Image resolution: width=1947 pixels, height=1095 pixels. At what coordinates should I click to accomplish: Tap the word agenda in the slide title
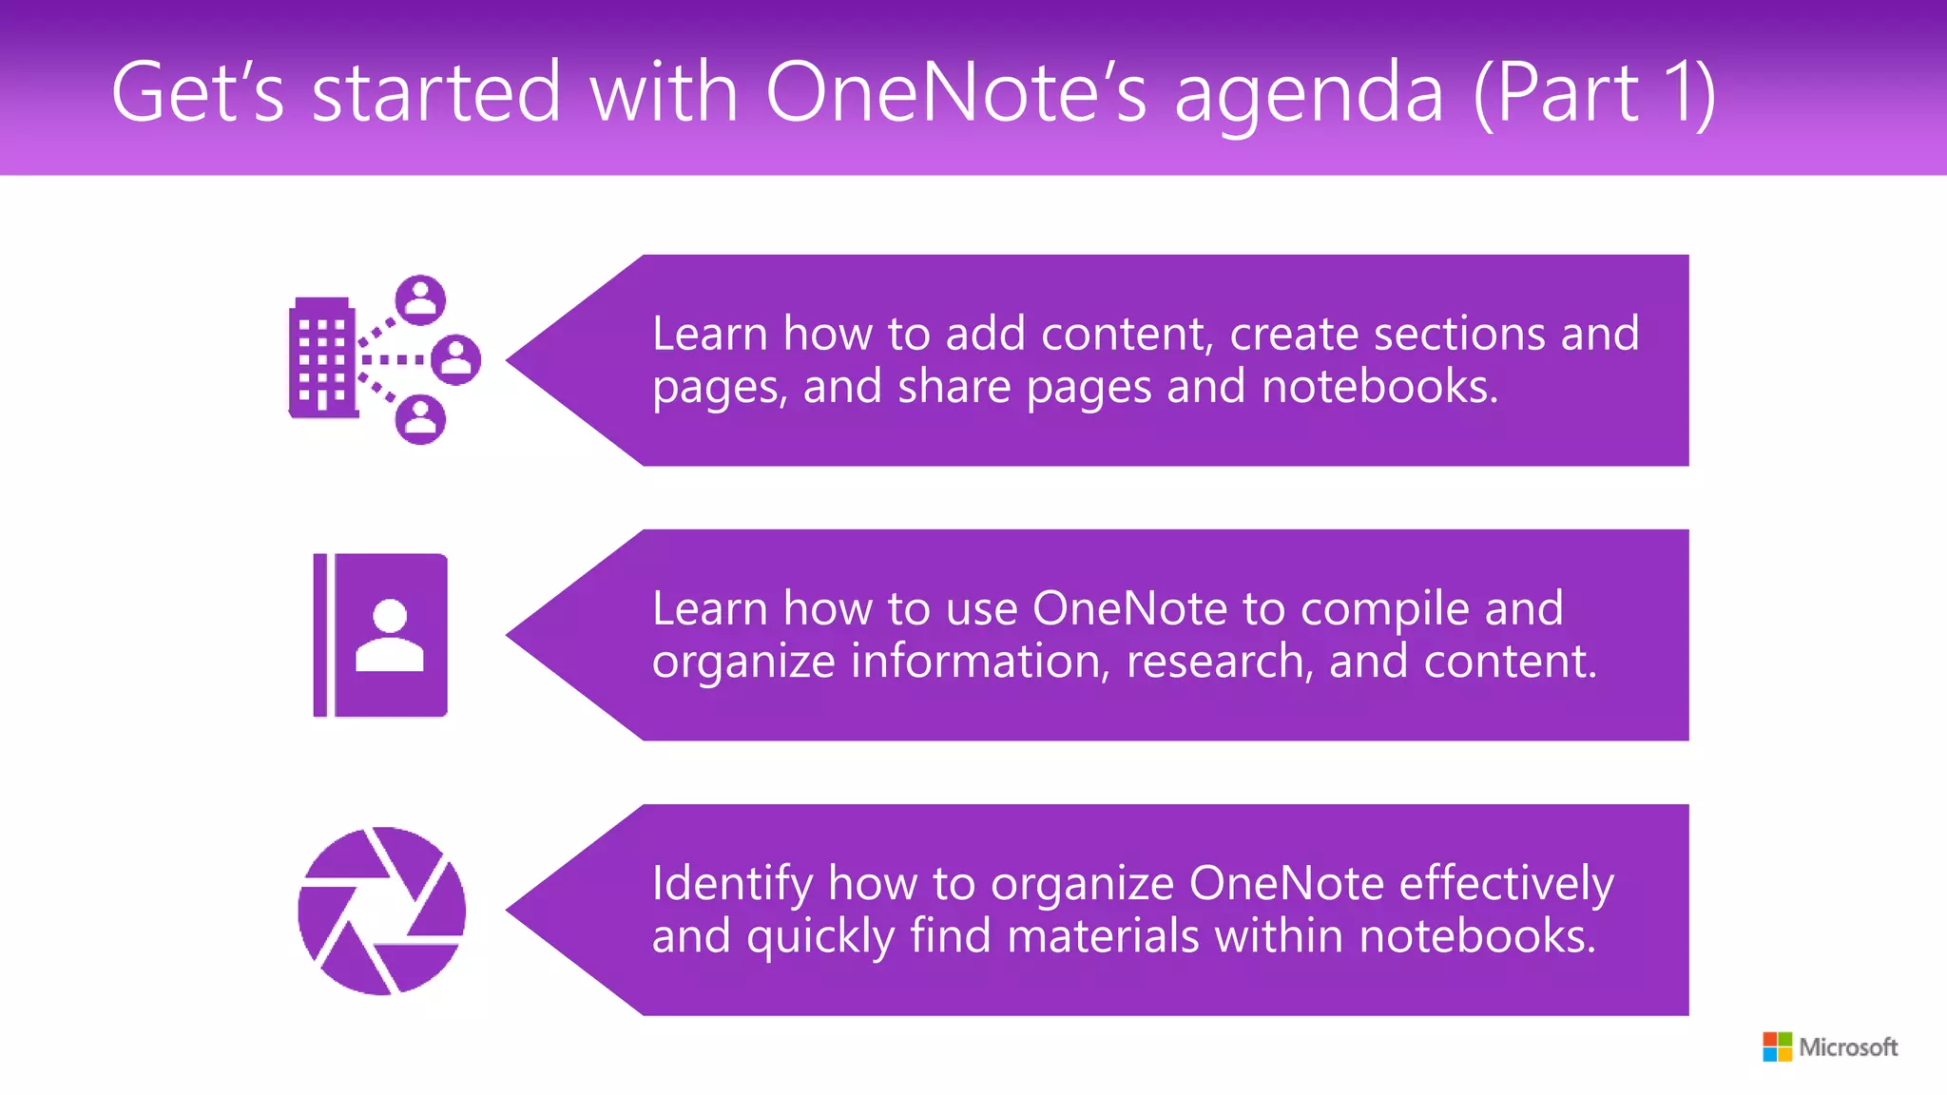pyautogui.click(x=1309, y=94)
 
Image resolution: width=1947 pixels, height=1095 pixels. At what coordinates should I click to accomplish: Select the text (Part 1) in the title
pyautogui.click(x=1594, y=92)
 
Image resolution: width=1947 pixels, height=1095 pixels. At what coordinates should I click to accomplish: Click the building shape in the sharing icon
pyautogui.click(x=322, y=358)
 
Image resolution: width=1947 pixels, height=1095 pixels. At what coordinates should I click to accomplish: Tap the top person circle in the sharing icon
pyautogui.click(x=421, y=300)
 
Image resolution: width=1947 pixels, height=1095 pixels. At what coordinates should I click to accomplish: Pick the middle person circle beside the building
pyautogui.click(x=456, y=359)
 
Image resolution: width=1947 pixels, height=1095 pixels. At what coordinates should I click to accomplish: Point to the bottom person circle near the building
pyautogui.click(x=420, y=419)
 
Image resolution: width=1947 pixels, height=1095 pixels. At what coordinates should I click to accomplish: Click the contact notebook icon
pyautogui.click(x=380, y=635)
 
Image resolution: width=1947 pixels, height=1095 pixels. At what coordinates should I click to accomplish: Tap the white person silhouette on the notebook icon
pyautogui.click(x=390, y=636)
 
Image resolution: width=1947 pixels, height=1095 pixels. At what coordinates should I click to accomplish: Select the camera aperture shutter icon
pyautogui.click(x=382, y=911)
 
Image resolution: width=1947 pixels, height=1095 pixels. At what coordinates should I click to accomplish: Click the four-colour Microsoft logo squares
pyautogui.click(x=1777, y=1047)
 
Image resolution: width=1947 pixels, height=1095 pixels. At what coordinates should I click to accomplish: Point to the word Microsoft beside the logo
pyautogui.click(x=1848, y=1047)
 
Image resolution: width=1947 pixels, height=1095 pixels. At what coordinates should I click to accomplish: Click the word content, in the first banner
pyautogui.click(x=1127, y=335)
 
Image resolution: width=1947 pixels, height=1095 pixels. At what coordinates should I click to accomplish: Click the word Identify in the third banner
pyautogui.click(x=732, y=884)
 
